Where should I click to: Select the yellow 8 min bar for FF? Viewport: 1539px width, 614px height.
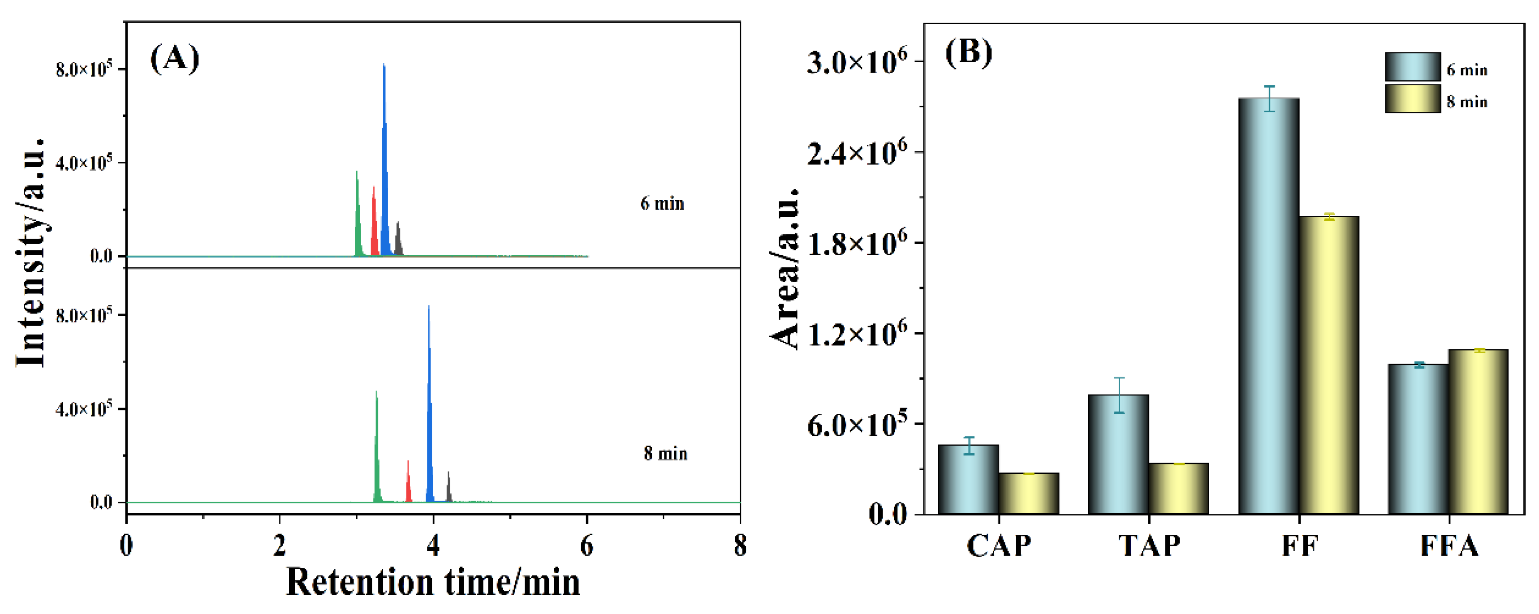coord(1329,365)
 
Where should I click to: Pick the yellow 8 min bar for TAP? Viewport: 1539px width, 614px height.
coord(1178,488)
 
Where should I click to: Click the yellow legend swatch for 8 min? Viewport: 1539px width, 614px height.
coord(1412,99)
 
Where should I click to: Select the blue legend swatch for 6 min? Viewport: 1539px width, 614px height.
coord(1412,67)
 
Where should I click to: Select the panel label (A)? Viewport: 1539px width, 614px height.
coord(174,59)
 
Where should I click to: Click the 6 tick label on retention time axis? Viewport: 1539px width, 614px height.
coord(586,545)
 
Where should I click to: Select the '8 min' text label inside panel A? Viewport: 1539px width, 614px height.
coord(665,454)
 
